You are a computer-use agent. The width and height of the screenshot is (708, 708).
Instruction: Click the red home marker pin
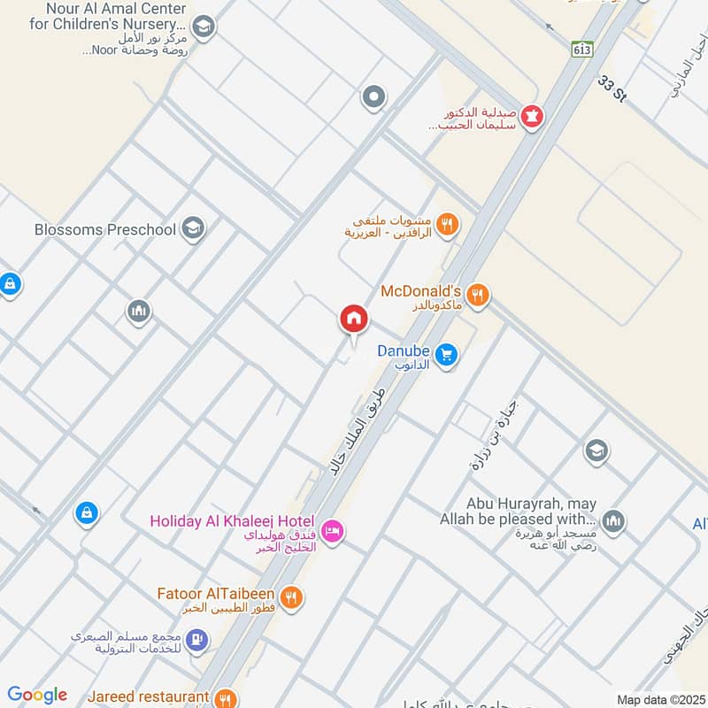[x=354, y=319]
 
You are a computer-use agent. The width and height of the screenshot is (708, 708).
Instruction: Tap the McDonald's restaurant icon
[x=479, y=296]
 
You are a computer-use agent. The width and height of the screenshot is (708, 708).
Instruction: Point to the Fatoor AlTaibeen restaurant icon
[x=293, y=597]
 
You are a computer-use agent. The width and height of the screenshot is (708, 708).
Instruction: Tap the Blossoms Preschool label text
[x=105, y=230]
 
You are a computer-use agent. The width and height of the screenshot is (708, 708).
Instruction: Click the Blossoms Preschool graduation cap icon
[x=192, y=230]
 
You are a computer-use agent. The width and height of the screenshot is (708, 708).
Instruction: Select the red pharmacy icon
[x=532, y=116]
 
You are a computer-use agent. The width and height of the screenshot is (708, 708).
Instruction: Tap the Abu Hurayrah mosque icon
[x=612, y=522]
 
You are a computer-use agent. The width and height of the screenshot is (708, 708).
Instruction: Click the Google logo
[x=36, y=695]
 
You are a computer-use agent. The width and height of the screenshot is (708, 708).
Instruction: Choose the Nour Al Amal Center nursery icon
[x=204, y=27]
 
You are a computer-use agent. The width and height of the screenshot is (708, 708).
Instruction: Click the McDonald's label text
[x=421, y=291]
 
